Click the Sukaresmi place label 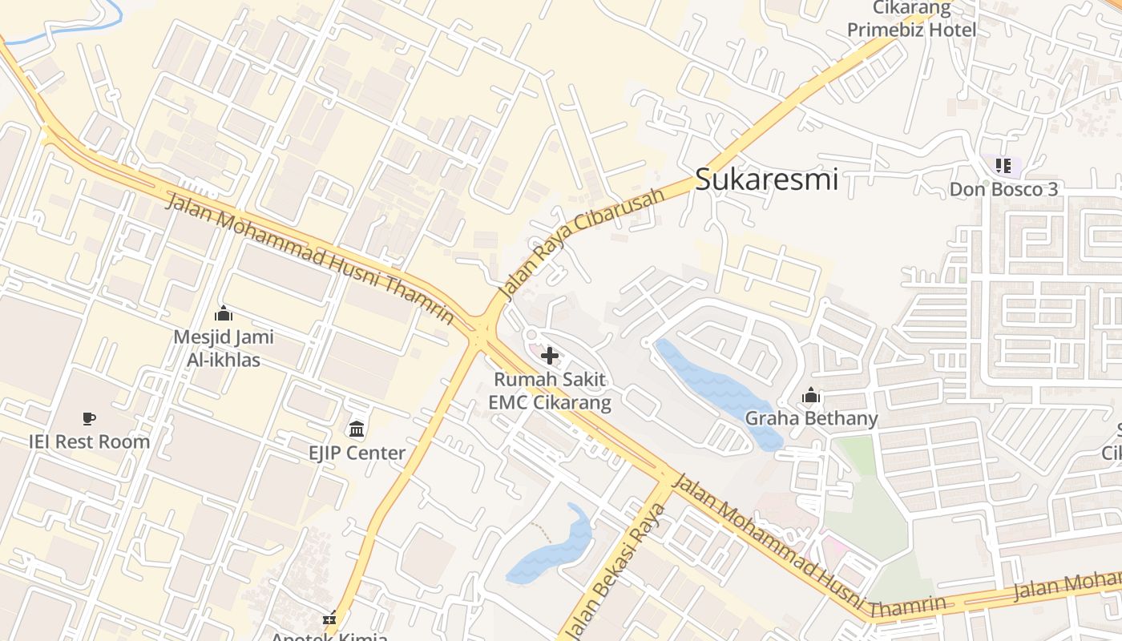point(766,179)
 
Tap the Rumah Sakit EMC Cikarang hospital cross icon point(550,355)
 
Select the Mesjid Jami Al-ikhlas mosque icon point(224,313)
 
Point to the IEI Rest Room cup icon point(89,418)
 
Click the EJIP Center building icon point(357,429)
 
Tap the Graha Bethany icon point(811,396)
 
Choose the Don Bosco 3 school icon point(1003,166)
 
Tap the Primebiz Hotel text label point(912,30)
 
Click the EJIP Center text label point(357,453)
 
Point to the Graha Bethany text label point(811,418)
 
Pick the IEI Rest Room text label point(89,441)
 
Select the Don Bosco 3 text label point(1003,189)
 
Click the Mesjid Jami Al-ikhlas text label point(224,349)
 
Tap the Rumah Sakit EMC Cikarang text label point(550,390)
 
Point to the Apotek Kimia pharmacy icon point(329,619)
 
